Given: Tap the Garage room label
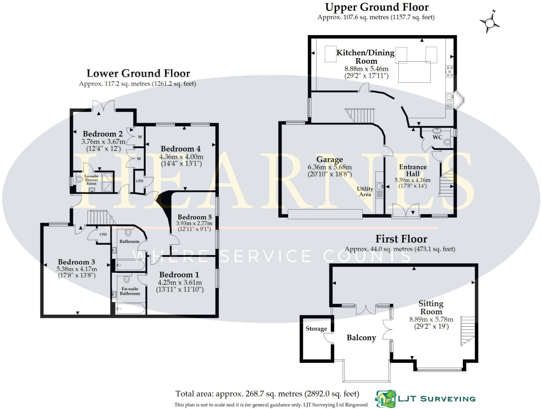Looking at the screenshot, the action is pos(330,159).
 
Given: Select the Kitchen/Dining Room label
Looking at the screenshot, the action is pos(365,57).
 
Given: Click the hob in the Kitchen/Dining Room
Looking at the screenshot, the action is pos(449,71).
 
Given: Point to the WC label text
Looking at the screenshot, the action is pos(437,137).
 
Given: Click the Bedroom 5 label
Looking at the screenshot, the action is pos(194,217).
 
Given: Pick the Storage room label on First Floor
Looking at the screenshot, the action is pos(316,329).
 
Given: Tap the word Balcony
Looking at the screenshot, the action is pos(361,337).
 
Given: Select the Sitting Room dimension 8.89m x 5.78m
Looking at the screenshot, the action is pos(431,319).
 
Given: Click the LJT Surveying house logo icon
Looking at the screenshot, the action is pos(385,399).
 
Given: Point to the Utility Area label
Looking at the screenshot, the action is pos(365,191).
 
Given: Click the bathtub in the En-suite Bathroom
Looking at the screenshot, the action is pos(130,309).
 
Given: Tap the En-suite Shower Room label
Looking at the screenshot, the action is pos(91,180).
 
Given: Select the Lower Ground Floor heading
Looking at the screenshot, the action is pos(138,73).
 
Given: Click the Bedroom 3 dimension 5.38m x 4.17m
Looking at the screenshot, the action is pos(77,269).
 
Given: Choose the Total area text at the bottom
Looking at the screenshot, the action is pos(267,394).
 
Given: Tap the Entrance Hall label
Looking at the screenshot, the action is pos(413,170).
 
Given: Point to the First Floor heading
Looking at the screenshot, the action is pos(401,239).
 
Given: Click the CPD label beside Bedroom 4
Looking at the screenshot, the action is pos(139,181).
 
